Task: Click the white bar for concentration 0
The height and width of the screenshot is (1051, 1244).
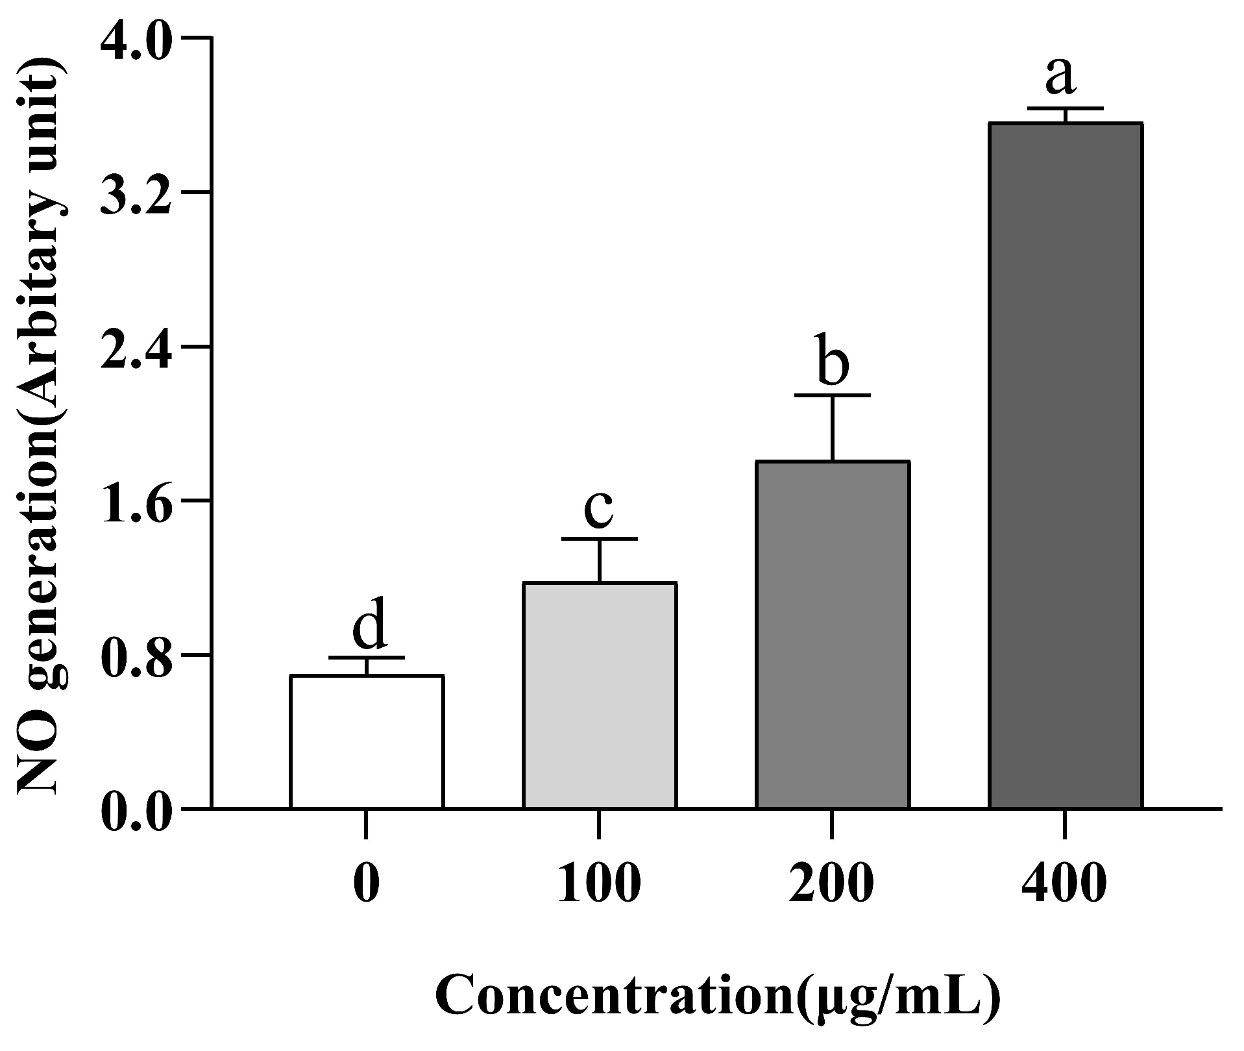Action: [x=367, y=741]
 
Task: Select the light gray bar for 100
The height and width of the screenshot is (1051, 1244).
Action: [x=600, y=695]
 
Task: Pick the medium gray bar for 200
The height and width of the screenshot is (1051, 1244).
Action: [x=832, y=634]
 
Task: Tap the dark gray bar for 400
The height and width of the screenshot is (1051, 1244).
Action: [x=1065, y=465]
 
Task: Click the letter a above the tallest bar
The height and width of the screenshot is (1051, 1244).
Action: [x=1060, y=75]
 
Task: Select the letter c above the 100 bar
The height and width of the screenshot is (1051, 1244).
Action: [x=598, y=509]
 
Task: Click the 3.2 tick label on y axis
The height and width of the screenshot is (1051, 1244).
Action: [x=136, y=193]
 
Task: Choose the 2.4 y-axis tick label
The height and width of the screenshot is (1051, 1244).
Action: [x=136, y=347]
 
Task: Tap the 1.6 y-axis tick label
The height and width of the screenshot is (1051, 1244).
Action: [x=136, y=501]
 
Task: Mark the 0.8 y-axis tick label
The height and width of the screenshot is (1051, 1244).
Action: [x=136, y=654]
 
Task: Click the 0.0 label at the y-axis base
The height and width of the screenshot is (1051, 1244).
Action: [x=136, y=809]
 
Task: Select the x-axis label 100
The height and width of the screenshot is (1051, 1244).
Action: [x=599, y=884]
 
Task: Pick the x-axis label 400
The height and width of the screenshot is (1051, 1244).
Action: [x=1064, y=884]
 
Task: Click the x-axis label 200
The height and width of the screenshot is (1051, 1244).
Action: [x=831, y=884]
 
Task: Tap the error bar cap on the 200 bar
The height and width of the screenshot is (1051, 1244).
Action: [x=832, y=395]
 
